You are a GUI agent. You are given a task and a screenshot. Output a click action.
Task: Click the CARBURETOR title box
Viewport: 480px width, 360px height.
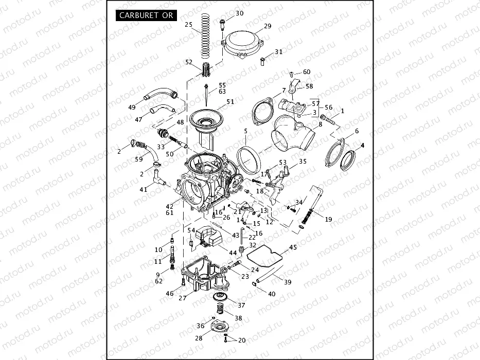point(146,15)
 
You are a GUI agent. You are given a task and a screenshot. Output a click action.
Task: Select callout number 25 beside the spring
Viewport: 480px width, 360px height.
point(188,25)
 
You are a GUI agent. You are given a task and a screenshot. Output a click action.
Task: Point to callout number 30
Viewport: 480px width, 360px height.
point(239,13)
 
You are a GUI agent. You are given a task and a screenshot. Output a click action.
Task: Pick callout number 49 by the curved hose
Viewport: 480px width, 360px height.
point(132,107)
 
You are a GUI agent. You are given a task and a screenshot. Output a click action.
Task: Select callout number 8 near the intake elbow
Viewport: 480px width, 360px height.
point(320,124)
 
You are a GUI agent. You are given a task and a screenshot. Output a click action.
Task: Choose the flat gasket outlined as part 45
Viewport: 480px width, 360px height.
point(271,260)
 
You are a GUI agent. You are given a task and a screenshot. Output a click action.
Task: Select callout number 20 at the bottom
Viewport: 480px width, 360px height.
point(242,340)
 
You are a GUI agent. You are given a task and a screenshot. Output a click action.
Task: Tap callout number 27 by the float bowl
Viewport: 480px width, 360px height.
point(182,298)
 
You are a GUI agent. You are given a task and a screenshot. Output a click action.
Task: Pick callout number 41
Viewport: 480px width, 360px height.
point(143,190)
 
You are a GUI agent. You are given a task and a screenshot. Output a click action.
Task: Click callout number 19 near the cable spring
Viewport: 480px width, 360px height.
point(328,219)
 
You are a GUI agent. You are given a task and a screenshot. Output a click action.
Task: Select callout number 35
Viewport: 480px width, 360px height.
point(303,161)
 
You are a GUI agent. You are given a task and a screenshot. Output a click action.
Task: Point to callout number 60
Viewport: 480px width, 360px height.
point(307,72)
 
